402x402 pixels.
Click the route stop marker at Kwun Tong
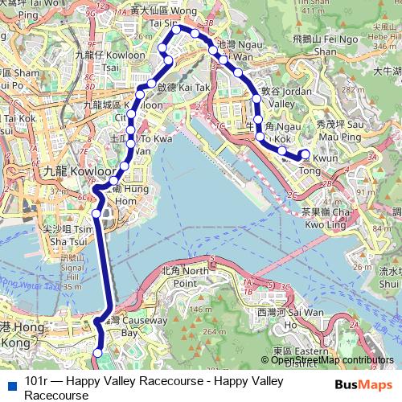tap(304, 154)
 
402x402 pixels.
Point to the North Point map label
tap(184, 277)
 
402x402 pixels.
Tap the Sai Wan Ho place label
tap(278, 318)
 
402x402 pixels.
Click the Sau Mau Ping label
tap(338, 131)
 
